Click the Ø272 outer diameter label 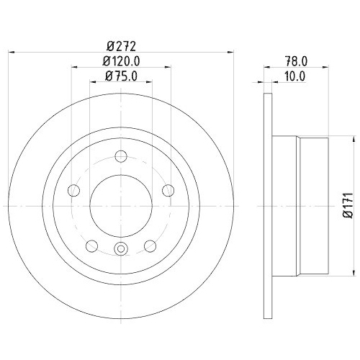[121, 45]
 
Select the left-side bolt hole [73, 190]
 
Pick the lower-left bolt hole [91, 246]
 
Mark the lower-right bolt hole [150, 246]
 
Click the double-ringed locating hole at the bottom [121, 249]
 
